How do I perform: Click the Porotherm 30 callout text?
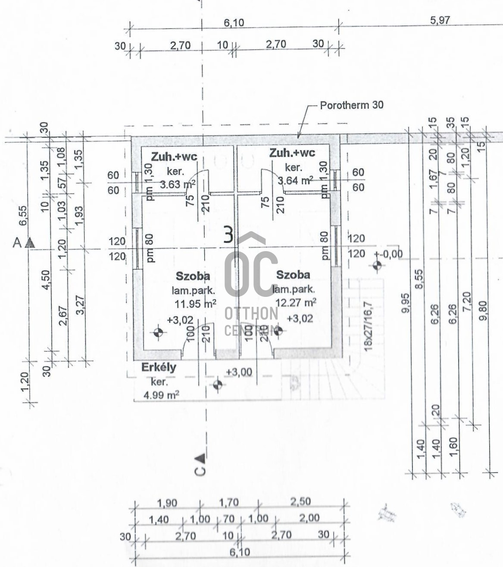[351, 105]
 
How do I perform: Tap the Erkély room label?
[159, 368]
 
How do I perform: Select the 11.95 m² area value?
[195, 304]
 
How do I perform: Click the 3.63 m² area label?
[178, 185]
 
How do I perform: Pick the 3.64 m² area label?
[295, 180]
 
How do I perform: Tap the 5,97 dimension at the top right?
[440, 20]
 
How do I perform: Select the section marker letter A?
[17, 243]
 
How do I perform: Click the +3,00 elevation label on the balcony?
[239, 372]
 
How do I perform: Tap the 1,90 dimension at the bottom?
[167, 504]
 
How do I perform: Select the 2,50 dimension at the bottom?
[300, 502]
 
